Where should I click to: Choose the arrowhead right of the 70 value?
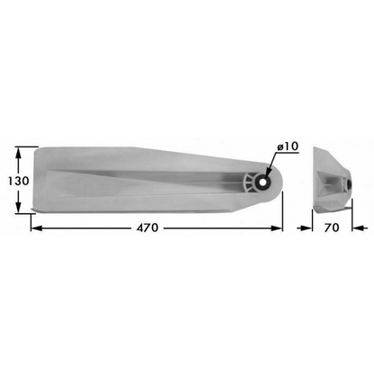(350, 227)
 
